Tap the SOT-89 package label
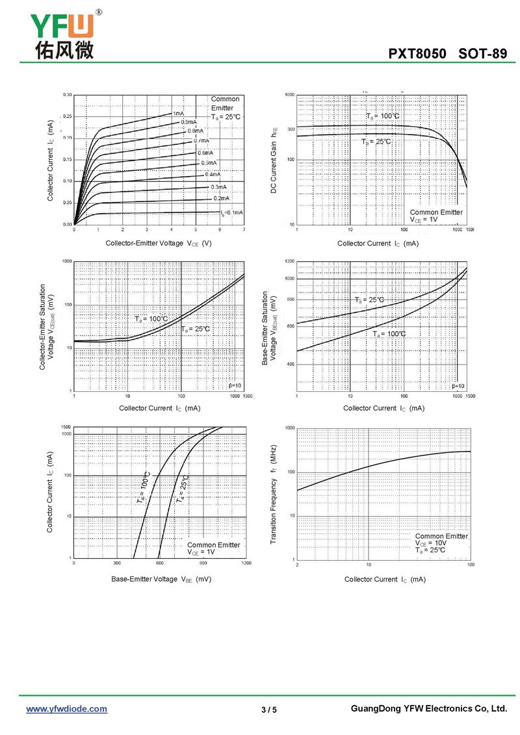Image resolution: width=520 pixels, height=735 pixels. pyautogui.click(x=482, y=54)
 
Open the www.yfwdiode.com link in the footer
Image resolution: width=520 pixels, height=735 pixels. pyautogui.click(x=66, y=709)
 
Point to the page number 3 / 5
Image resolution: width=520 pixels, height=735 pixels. pyautogui.click(x=269, y=710)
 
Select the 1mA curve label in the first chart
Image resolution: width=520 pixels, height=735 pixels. pyautogui.click(x=178, y=114)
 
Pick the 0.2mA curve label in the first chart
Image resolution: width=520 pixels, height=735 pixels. pyautogui.click(x=221, y=198)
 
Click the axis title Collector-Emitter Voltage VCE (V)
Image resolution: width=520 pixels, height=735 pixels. pyautogui.click(x=159, y=243)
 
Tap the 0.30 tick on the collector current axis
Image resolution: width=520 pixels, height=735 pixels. pyautogui.click(x=68, y=95)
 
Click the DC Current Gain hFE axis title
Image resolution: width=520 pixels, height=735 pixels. pyautogui.click(x=274, y=160)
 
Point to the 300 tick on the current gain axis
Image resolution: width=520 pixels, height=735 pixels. pyautogui.click(x=291, y=129)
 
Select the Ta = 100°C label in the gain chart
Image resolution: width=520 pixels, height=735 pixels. pyautogui.click(x=382, y=116)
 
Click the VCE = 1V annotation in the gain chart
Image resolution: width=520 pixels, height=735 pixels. pyautogui.click(x=424, y=220)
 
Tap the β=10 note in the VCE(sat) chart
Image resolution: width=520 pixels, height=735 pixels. pyautogui.click(x=235, y=386)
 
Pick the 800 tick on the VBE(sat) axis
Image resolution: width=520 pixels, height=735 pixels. pyautogui.click(x=290, y=300)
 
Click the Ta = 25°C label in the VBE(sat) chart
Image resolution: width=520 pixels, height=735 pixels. pyautogui.click(x=370, y=300)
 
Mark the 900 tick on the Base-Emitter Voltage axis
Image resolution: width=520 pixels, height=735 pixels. pyautogui.click(x=203, y=563)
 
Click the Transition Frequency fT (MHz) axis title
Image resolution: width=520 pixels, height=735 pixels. pyautogui.click(x=275, y=495)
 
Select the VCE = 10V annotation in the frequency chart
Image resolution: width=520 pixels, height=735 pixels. pyautogui.click(x=431, y=543)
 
